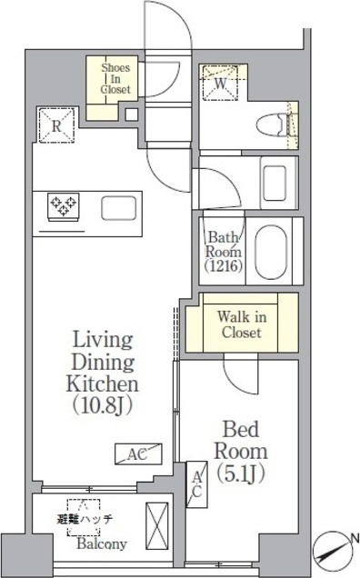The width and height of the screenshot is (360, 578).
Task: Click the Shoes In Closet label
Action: tap(115, 78)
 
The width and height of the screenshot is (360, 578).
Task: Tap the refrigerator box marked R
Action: tap(56, 125)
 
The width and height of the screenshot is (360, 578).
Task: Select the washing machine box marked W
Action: tap(220, 84)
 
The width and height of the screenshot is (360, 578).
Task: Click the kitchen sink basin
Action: tap(119, 208)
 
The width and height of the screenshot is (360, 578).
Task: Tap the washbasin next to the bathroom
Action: tap(275, 184)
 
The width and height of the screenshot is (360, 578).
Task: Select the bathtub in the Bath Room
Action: tap(271, 252)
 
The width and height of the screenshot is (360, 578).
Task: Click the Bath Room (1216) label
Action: tap(224, 252)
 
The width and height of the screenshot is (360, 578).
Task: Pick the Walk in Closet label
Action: tap(242, 324)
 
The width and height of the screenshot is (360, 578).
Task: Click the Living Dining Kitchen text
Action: tap(103, 362)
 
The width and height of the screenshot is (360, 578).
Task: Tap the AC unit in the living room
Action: tap(138, 453)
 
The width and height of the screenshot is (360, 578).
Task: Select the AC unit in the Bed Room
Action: tap(196, 484)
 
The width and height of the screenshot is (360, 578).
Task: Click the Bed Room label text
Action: tap(241, 441)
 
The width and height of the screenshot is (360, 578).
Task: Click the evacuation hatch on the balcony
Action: tap(84, 517)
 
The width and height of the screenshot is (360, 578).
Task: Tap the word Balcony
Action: tap(102, 544)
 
